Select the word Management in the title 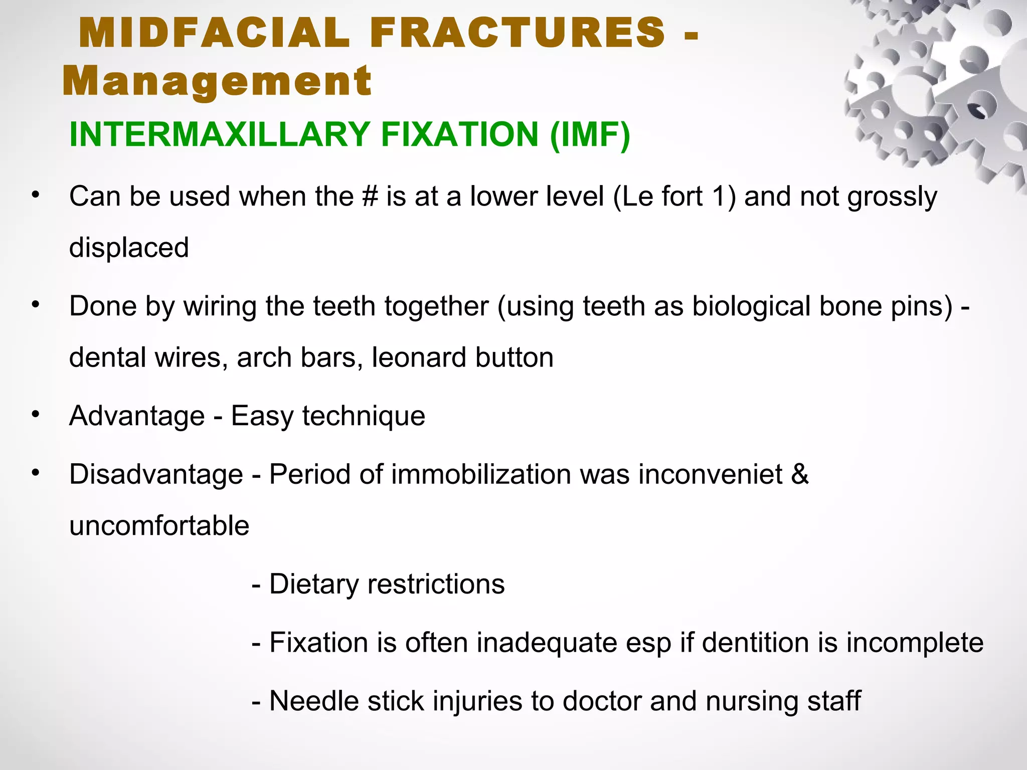(x=217, y=81)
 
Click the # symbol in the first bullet (x=370, y=197)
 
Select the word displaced (x=129, y=248)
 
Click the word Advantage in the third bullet (x=137, y=416)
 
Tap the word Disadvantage (x=156, y=474)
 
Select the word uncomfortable (x=159, y=526)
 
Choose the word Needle (x=314, y=701)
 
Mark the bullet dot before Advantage (x=35, y=414)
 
